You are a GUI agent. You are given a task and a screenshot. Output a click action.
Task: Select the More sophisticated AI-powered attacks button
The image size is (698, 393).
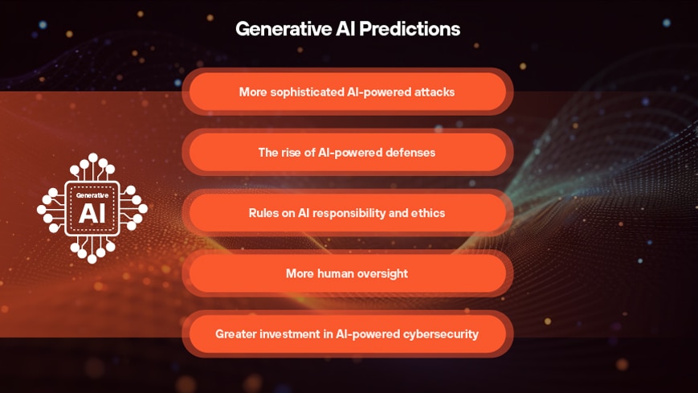pyautogui.click(x=347, y=92)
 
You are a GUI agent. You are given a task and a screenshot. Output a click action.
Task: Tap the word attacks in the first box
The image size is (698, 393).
pyautogui.click(x=434, y=92)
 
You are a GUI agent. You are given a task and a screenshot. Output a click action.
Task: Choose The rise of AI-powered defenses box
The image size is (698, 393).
pyautogui.click(x=347, y=153)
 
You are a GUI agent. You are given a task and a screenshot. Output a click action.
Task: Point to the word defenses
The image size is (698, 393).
pyautogui.click(x=409, y=153)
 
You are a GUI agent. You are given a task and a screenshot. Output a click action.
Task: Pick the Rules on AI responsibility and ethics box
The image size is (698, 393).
pyautogui.click(x=347, y=213)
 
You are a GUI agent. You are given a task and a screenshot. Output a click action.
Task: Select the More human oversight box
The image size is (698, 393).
pyautogui.click(x=347, y=274)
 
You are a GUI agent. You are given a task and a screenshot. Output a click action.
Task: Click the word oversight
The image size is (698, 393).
pyautogui.click(x=382, y=274)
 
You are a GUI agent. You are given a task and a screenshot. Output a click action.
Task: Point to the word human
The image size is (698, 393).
pyautogui.click(x=335, y=274)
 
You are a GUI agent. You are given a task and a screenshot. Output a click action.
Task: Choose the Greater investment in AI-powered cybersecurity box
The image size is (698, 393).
pyautogui.click(x=347, y=334)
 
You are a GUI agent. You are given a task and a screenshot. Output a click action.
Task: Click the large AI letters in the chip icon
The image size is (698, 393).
pyautogui.click(x=92, y=213)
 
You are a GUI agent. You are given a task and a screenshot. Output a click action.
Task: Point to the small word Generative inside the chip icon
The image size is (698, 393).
pyautogui.click(x=92, y=195)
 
